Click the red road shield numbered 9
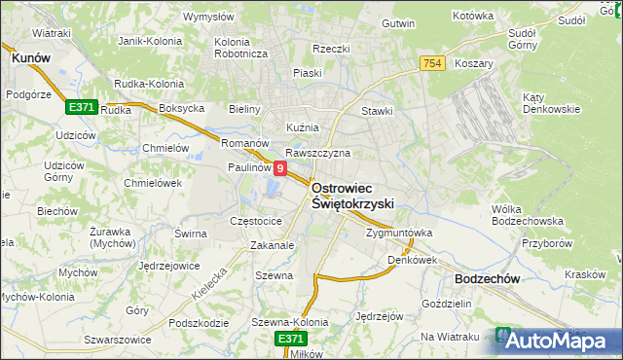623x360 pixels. pos(280,168)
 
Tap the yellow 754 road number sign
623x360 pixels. pos(433,63)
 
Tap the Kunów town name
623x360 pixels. pos(30,58)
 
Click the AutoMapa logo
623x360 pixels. pos(555,341)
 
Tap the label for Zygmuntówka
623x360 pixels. pos(398,234)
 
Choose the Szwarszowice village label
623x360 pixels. pos(118,340)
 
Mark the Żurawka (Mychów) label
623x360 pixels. pos(110,237)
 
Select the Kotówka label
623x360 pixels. pos(474,17)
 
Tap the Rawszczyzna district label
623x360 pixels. pos(317,153)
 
